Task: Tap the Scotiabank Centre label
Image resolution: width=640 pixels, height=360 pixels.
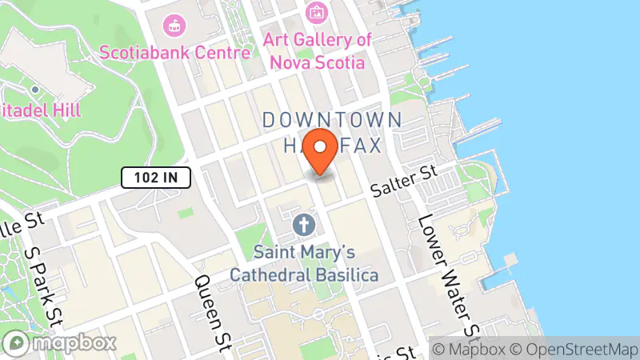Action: (175, 53)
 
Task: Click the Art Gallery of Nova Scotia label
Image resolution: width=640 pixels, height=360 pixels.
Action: (318, 50)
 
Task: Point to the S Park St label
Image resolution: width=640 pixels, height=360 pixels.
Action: (43, 283)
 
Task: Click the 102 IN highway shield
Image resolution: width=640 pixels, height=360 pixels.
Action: (156, 178)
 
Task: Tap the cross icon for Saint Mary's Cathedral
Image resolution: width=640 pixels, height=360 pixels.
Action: (303, 225)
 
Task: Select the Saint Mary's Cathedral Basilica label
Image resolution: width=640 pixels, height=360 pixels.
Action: (305, 262)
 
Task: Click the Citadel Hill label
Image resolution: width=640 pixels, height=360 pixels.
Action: (40, 110)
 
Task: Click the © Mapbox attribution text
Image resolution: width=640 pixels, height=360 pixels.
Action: (468, 350)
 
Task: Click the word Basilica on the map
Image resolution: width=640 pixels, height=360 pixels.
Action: (345, 274)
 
